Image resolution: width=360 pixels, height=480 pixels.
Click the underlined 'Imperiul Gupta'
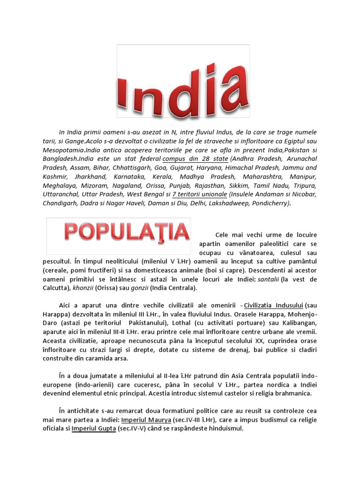click(94, 428)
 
